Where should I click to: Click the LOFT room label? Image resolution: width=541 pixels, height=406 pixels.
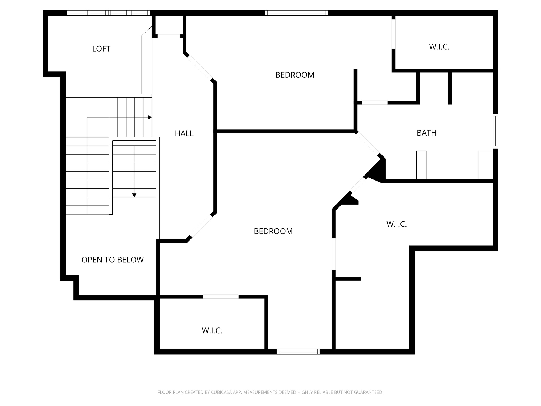[x=101, y=49]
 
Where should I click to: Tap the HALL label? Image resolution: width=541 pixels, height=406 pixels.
[x=184, y=133]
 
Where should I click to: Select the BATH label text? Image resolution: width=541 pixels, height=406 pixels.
[x=426, y=133]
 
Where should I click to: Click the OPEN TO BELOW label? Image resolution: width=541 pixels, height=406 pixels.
[x=113, y=260]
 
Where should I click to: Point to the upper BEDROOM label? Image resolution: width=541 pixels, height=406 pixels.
[x=295, y=75]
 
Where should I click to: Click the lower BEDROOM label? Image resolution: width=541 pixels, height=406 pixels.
[x=273, y=231]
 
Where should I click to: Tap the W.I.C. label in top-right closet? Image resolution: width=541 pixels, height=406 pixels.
[x=439, y=47]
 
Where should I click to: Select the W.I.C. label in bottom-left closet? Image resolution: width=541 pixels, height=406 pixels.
[x=212, y=331]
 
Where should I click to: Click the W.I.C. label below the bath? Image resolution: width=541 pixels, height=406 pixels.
[x=396, y=224]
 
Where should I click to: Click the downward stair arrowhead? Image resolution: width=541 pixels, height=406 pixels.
[x=134, y=195]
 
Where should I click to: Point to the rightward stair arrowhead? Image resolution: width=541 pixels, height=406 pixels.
[x=150, y=117]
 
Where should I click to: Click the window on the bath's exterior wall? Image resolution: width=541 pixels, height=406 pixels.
[x=496, y=131]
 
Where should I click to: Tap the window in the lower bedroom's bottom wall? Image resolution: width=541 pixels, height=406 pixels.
[x=298, y=352]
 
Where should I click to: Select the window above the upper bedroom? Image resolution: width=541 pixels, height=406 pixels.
[x=296, y=13]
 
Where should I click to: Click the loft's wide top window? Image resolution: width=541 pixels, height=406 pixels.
[x=108, y=13]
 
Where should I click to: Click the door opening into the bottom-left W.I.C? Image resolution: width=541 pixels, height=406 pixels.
[x=221, y=297]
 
